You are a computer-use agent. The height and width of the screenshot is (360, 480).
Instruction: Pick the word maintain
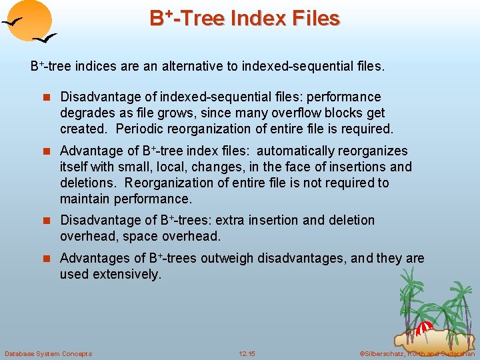tap(85, 199)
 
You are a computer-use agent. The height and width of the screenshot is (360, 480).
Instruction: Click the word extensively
tap(127, 275)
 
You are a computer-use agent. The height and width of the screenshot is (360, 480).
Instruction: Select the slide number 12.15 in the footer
tap(247, 353)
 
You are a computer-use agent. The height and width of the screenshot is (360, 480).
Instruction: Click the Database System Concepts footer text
tap(48, 353)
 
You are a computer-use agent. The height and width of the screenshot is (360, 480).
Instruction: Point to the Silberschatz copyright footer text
tap(417, 353)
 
